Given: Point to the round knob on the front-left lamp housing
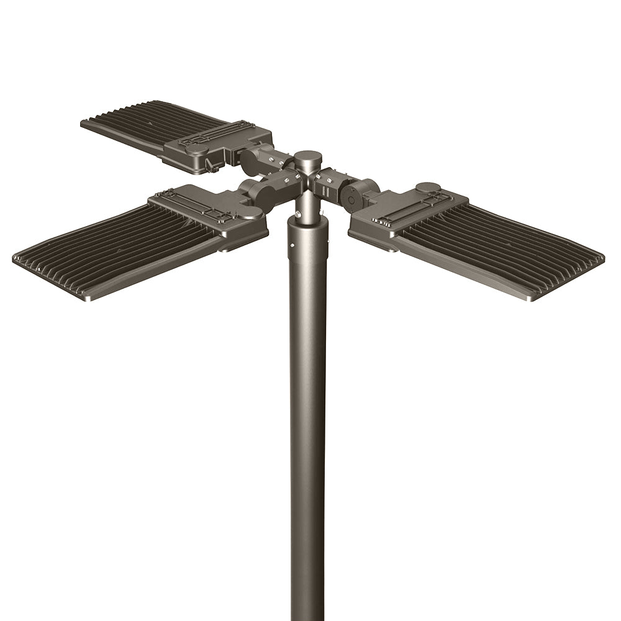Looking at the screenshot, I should (x=251, y=215).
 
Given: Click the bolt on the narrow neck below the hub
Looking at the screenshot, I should (x=299, y=215).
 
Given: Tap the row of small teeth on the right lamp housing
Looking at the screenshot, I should (x=388, y=220).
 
